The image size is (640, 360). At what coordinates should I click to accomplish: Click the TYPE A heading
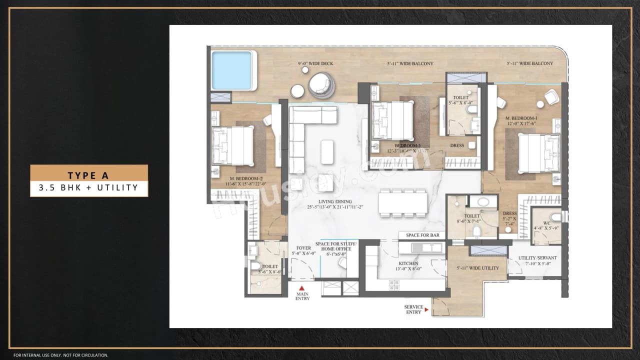(88, 175)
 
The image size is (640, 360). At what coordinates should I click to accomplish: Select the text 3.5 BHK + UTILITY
(88, 188)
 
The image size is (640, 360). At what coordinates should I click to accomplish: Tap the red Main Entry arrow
(302, 288)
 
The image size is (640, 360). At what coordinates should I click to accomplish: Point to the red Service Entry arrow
(426, 310)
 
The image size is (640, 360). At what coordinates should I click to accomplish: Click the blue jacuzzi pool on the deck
(231, 70)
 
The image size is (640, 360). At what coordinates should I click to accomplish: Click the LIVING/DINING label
(332, 204)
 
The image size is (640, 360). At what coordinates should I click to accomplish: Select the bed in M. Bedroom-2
(233, 145)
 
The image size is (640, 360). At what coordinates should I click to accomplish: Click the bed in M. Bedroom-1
(538, 153)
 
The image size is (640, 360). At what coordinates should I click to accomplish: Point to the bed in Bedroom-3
(393, 120)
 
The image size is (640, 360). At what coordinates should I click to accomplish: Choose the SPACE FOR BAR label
(422, 235)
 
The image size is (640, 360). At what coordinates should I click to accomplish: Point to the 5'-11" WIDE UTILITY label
(477, 268)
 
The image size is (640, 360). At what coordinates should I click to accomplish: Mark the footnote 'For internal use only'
(60, 355)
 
